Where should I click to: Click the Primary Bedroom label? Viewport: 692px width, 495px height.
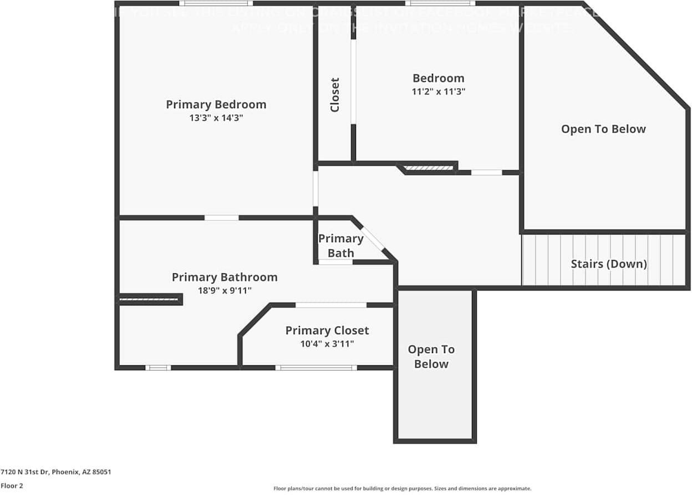tap(216, 104)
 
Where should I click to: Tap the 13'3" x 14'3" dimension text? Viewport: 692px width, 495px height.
tap(216, 118)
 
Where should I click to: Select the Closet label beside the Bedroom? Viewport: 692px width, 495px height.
tap(334, 95)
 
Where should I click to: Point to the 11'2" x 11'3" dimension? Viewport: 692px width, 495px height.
tap(438, 91)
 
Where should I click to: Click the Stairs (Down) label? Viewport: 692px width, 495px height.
tap(608, 264)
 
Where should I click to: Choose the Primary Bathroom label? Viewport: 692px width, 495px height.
tap(224, 277)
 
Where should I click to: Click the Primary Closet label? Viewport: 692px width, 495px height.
tap(327, 330)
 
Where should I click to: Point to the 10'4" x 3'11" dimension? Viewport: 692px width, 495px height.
tap(327, 344)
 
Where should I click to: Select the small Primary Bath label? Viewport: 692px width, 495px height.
tap(340, 246)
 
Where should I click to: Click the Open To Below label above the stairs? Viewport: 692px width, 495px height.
tap(603, 129)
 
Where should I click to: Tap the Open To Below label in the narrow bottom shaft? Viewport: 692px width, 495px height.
tap(431, 356)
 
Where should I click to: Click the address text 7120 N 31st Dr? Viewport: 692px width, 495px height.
tap(55, 472)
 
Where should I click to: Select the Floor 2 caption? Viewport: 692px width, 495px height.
tap(12, 486)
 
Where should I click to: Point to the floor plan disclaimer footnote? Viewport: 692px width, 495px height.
tap(402, 488)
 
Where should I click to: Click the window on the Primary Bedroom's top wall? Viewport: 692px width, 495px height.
tap(216, 3)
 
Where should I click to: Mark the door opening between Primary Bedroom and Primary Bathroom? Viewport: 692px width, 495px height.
tap(221, 218)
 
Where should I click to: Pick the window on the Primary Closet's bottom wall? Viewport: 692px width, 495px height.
tap(316, 368)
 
